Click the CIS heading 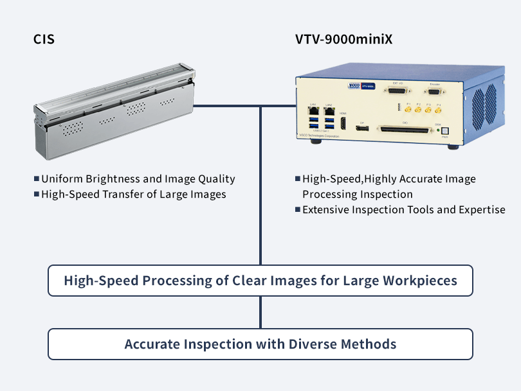coord(44,39)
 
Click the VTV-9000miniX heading coord(344,39)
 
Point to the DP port coord(362,128)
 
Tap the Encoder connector coord(435,92)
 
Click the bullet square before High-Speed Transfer coord(37,194)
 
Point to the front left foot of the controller coord(316,144)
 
